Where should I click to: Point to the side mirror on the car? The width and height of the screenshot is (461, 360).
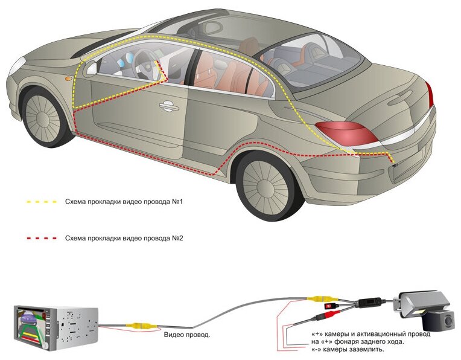[x=91, y=68]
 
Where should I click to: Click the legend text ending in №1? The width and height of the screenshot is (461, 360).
[x=124, y=201]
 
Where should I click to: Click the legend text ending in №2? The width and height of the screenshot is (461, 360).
[x=124, y=238]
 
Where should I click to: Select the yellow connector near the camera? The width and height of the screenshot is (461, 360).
[x=318, y=298]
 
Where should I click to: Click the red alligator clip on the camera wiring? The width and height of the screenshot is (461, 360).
[x=329, y=307]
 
